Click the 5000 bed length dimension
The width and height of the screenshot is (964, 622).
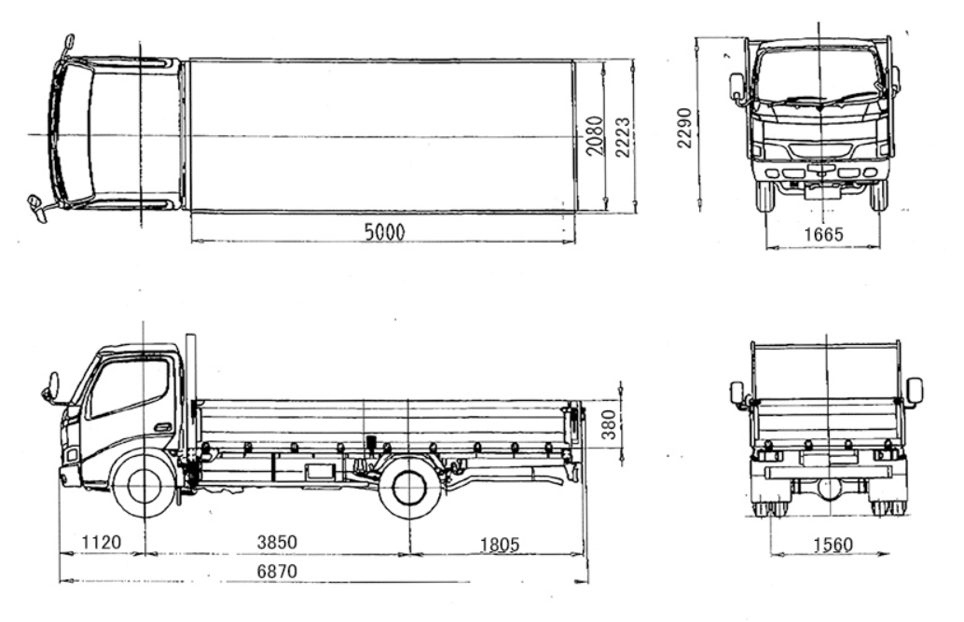383,232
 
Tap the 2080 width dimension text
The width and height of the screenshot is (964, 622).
595,135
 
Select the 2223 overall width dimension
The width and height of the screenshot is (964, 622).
622,135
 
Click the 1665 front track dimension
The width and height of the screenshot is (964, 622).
822,234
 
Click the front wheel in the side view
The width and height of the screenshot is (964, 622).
144,485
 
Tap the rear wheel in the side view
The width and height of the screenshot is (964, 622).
410,487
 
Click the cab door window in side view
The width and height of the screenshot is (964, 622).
128,387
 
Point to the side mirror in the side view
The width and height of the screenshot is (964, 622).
51,387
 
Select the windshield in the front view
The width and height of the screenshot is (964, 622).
819,75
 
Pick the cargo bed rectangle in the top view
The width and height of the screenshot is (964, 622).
382,135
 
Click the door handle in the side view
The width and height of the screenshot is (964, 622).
162,428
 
